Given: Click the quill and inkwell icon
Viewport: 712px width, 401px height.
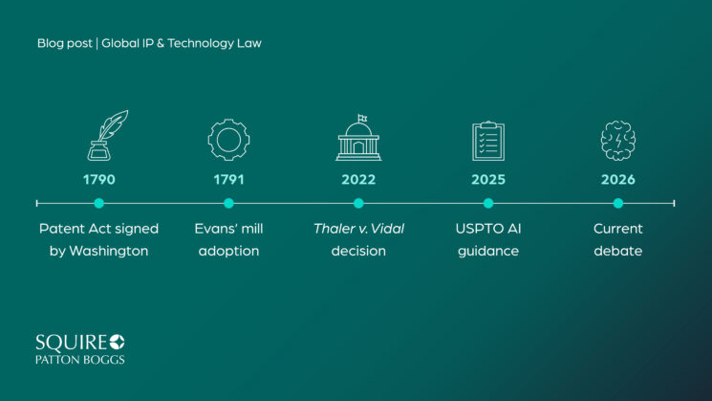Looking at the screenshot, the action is click(x=107, y=136).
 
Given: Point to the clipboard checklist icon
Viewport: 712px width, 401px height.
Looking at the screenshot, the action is click(x=488, y=141).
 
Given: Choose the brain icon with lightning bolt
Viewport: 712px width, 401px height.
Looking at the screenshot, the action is click(x=618, y=141).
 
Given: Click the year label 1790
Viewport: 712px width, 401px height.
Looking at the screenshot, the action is click(x=99, y=180).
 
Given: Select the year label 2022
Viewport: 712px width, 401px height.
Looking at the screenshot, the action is click(x=358, y=180).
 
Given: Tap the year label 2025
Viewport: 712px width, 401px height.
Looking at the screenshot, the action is click(x=488, y=180).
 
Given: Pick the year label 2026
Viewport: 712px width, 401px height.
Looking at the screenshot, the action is click(x=618, y=180).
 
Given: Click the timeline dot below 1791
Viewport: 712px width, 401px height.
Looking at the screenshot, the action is click(x=228, y=203).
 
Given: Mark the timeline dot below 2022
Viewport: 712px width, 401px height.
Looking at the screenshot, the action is click(x=358, y=203).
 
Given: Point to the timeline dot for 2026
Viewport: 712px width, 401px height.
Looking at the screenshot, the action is click(x=618, y=203).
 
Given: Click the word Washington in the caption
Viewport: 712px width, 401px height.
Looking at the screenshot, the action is click(x=109, y=251).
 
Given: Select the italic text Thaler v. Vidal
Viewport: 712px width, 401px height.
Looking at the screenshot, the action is click(x=358, y=229).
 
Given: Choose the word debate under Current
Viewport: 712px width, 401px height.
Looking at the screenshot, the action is click(x=618, y=251).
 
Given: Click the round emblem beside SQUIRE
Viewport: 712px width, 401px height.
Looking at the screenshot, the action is click(x=117, y=342).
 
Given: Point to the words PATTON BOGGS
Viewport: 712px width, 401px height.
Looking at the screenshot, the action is click(x=80, y=360).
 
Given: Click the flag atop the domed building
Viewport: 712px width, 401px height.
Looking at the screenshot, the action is click(x=362, y=119).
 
